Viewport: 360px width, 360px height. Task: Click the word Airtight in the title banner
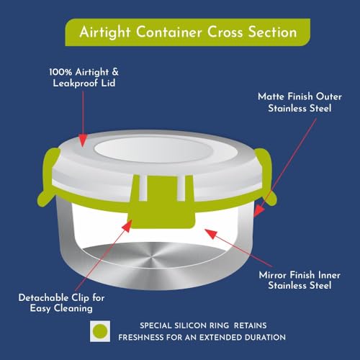pos(105,32)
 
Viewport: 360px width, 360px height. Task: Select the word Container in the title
pos(169,32)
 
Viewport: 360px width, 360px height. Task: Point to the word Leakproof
pos(76,84)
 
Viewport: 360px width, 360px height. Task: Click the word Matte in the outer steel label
pos(271,96)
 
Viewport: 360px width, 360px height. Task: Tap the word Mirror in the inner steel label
pos(273,275)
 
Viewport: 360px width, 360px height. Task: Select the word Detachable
pos(43,298)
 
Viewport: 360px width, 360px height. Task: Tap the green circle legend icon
pos(100,331)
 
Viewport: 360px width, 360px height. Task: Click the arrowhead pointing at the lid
pos(83,140)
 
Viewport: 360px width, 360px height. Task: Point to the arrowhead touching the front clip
pos(127,225)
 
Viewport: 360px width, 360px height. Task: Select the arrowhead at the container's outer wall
pos(258,211)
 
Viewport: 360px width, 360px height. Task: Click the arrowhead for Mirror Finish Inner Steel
pos(211,233)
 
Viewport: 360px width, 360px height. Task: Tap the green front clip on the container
pos(162,202)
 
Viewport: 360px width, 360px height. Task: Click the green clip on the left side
pos(48,178)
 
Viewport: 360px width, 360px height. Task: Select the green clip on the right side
pos(266,177)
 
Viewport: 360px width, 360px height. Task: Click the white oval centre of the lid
pos(153,149)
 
